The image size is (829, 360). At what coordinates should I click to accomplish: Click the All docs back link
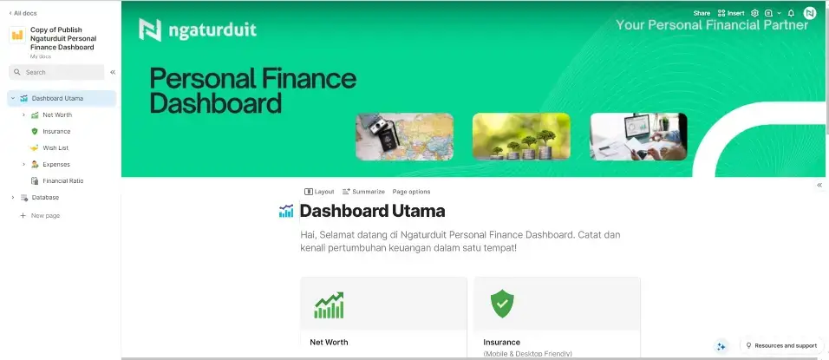pyautogui.click(x=23, y=13)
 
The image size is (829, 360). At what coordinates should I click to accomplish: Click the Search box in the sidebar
pyautogui.click(x=56, y=72)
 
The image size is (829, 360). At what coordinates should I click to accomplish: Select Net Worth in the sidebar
pyautogui.click(x=57, y=115)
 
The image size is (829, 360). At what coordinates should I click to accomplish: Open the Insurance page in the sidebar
pyautogui.click(x=56, y=131)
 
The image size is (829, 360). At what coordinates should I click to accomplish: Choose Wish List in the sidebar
pyautogui.click(x=55, y=147)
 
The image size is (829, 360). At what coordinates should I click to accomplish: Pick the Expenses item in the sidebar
pyautogui.click(x=56, y=165)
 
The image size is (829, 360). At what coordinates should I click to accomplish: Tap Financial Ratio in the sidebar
pyautogui.click(x=63, y=180)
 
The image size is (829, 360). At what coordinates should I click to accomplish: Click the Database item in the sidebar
pyautogui.click(x=45, y=197)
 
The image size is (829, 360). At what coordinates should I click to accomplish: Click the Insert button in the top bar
pyautogui.click(x=731, y=13)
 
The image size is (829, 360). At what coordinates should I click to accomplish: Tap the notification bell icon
pyautogui.click(x=791, y=13)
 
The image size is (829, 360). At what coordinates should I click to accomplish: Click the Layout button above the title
pyautogui.click(x=319, y=192)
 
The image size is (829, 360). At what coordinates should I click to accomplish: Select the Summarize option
pyautogui.click(x=363, y=192)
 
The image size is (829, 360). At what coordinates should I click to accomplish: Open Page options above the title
pyautogui.click(x=411, y=192)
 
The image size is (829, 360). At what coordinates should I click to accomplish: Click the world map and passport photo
pyautogui.click(x=404, y=136)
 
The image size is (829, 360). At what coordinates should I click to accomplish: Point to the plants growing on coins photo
pyautogui.click(x=521, y=136)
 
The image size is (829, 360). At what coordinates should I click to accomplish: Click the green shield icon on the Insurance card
pyautogui.click(x=502, y=304)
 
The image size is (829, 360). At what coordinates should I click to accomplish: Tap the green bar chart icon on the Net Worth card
pyautogui.click(x=329, y=305)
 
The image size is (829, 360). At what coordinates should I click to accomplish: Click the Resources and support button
pyautogui.click(x=781, y=346)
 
